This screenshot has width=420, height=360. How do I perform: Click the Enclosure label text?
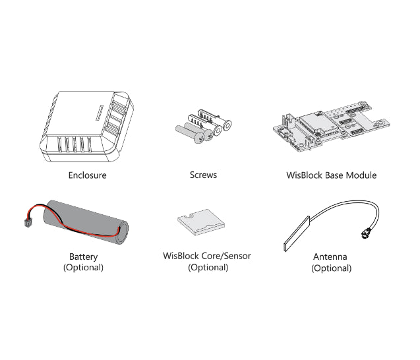pyautogui.click(x=87, y=175)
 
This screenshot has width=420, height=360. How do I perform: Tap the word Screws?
pyautogui.click(x=203, y=175)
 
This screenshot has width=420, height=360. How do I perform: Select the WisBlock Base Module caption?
pyautogui.click(x=332, y=175)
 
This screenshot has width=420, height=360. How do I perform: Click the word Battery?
pyautogui.click(x=83, y=256)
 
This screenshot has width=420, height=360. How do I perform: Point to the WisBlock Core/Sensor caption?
pyautogui.click(x=207, y=256)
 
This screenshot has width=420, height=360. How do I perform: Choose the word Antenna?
pyautogui.click(x=331, y=256)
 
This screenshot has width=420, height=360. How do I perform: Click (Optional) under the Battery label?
pyautogui.click(x=83, y=268)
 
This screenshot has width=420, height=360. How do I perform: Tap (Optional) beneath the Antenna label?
pyautogui.click(x=331, y=268)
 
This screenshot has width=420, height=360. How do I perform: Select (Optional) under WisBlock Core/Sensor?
pyautogui.click(x=208, y=268)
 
